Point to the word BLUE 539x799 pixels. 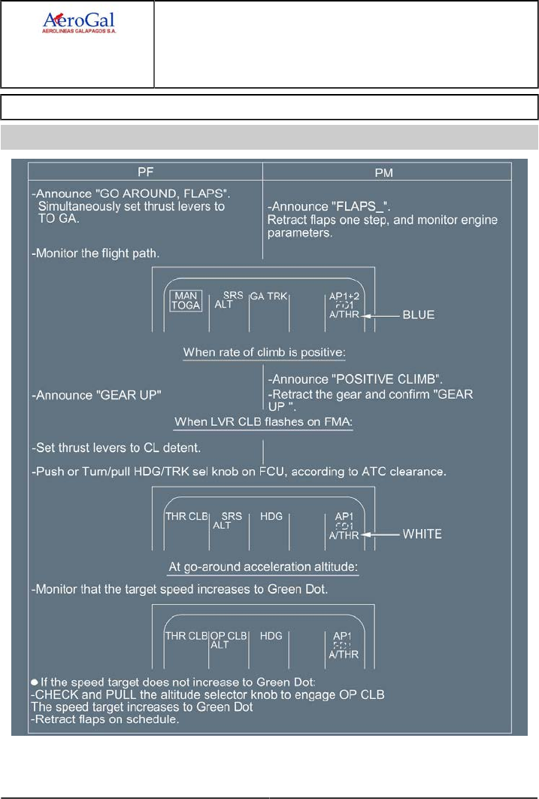click(x=418, y=314)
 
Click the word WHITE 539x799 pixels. click(x=421, y=534)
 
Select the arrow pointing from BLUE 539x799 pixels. click(x=383, y=315)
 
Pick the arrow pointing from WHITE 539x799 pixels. click(x=385, y=534)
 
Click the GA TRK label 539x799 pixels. click(x=268, y=296)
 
